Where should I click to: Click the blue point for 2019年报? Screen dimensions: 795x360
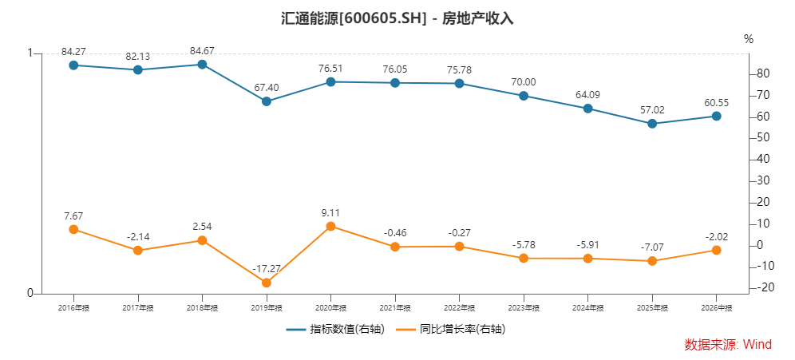pos(266,101)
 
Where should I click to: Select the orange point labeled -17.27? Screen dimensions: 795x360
pos(266,283)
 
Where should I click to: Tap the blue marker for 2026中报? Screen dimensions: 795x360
pos(717,116)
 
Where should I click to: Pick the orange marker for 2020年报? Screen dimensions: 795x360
pos(330,226)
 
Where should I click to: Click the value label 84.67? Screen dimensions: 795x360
pos(202,51)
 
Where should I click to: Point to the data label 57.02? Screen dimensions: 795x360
pos(652,110)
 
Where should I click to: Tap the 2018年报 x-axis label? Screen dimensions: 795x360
pos(202,308)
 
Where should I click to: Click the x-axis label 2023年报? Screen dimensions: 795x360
pos(524,308)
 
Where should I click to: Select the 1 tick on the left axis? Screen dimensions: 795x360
pos(30,53)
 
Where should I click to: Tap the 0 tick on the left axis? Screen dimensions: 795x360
pos(30,294)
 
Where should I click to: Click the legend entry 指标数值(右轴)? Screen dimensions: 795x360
pos(335,329)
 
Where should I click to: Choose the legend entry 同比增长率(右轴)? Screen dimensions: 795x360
pos(451,329)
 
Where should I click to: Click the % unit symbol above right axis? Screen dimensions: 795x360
pos(749,40)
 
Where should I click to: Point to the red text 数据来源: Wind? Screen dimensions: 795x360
pos(728,345)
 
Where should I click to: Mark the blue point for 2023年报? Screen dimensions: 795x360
pos(524,96)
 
